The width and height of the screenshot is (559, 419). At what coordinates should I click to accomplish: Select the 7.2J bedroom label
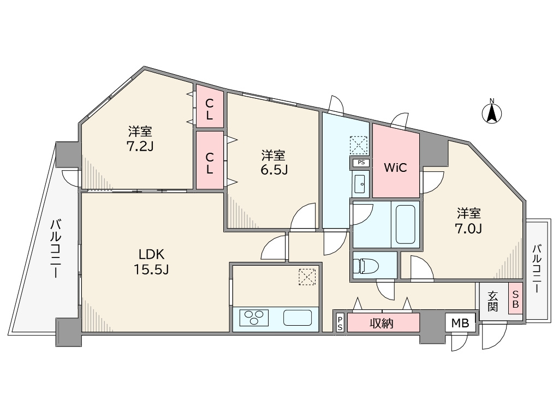pos(140,139)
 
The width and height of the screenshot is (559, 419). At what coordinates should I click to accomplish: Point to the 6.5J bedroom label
pos(273,163)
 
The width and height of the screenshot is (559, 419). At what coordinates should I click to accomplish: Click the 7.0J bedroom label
pos(469,220)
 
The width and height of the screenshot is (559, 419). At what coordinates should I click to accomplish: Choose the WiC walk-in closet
pos(396,161)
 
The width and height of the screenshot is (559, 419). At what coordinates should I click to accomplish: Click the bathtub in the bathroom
pos(406,224)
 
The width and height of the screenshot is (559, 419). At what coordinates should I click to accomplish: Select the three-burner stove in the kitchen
pos(254,317)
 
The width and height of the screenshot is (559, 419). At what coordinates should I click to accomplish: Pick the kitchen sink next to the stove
pos(298,318)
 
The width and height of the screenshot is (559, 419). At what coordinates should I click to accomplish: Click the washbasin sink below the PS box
pos(360,184)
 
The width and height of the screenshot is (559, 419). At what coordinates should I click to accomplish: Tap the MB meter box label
pos(460,323)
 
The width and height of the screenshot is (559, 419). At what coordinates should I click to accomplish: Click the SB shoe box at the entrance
pos(515,298)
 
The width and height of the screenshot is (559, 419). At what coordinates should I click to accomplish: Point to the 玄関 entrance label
pos(493,301)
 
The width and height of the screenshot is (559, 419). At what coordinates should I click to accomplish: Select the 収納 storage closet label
pos(382,323)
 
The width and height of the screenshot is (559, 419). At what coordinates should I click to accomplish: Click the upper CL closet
pos(210,109)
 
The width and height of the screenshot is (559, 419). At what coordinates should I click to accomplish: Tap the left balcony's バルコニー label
pos(55,249)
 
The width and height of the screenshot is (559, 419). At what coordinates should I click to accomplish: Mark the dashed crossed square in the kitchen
pos(307,277)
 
